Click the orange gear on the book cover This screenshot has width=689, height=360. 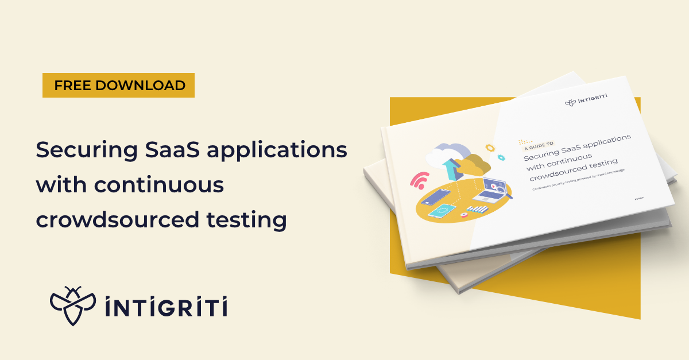point(489,148)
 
